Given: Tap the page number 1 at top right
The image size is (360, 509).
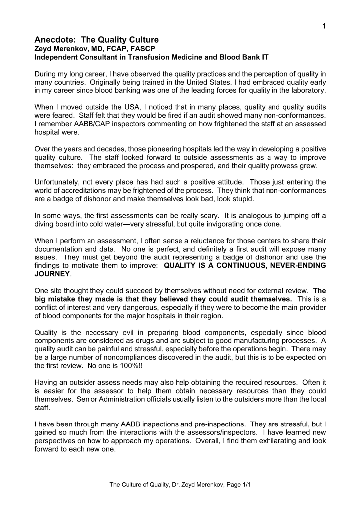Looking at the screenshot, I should pyautogui.click(x=323, y=26).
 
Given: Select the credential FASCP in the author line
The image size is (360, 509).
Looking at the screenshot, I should pyautogui.click(x=129, y=49).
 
